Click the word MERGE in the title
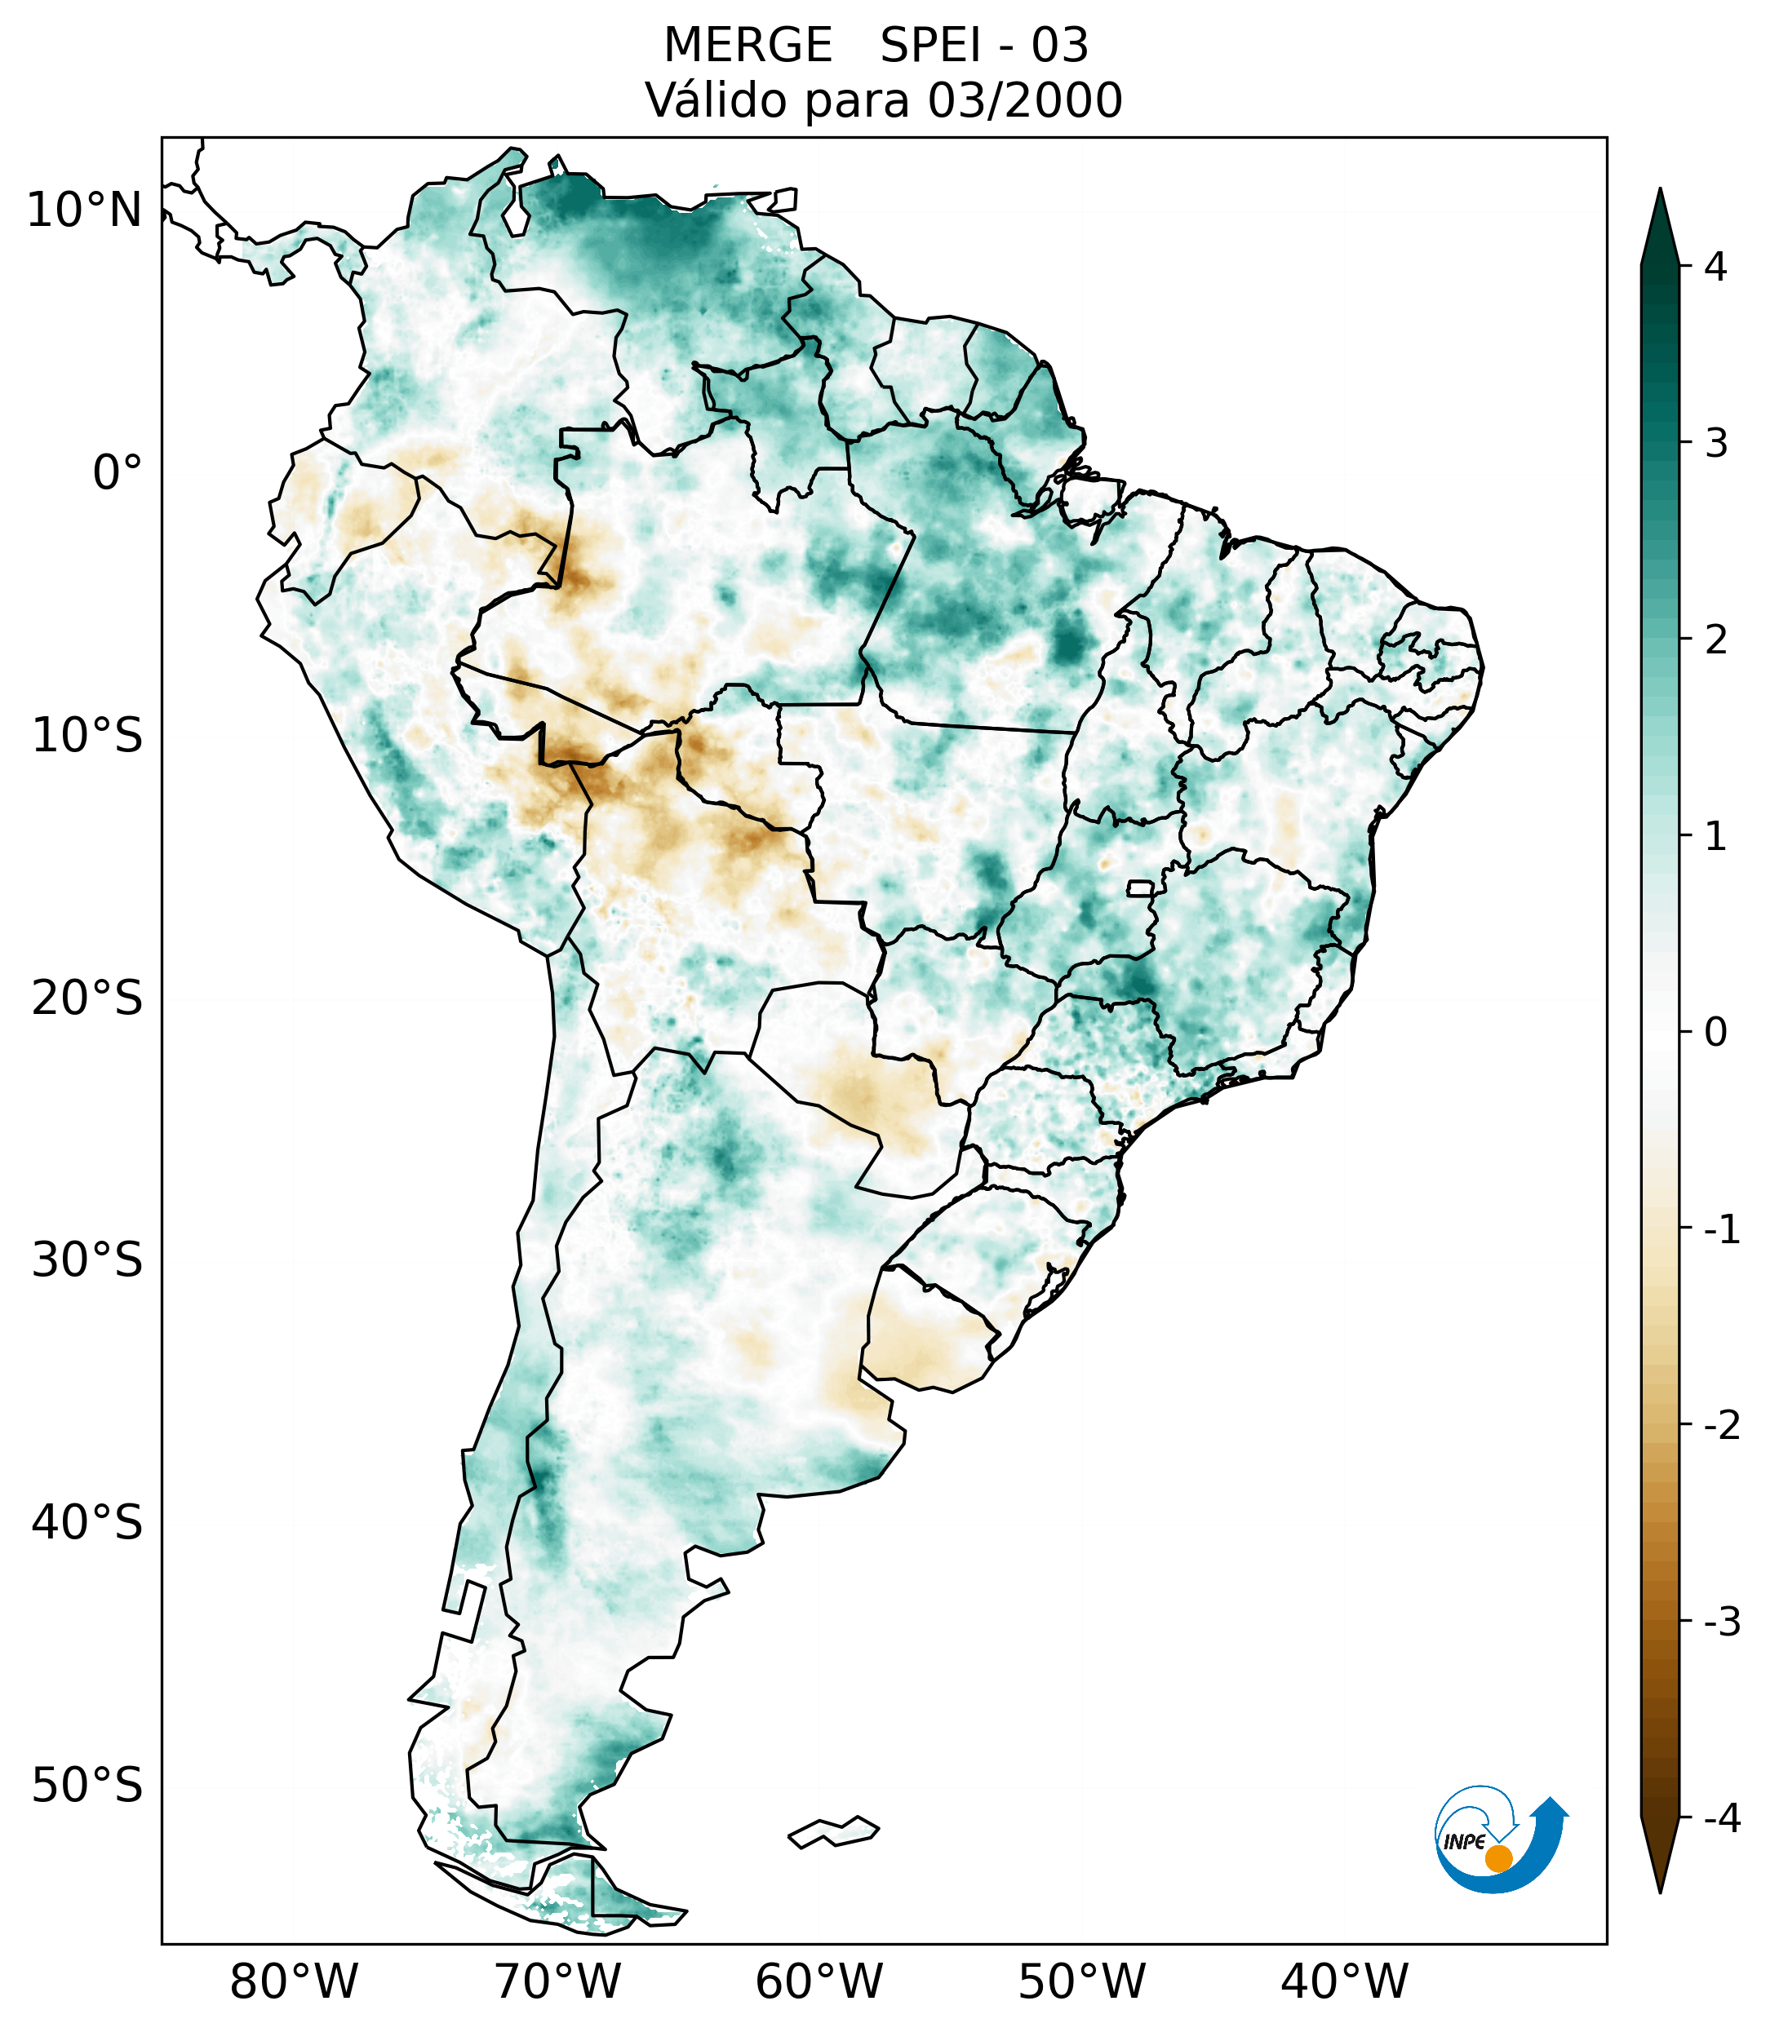click(x=747, y=46)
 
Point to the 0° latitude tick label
click(x=118, y=473)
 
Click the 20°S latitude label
click(x=87, y=998)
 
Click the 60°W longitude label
click(x=819, y=1981)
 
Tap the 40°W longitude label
click(x=1345, y=1981)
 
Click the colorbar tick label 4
click(x=1715, y=267)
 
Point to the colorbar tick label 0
click(x=1715, y=1033)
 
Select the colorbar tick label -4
click(x=1721, y=1819)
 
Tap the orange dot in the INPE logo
click(x=1498, y=1858)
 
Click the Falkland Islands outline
click(x=833, y=1831)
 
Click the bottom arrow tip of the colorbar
click(x=1660, y=1891)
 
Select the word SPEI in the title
click(x=931, y=46)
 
